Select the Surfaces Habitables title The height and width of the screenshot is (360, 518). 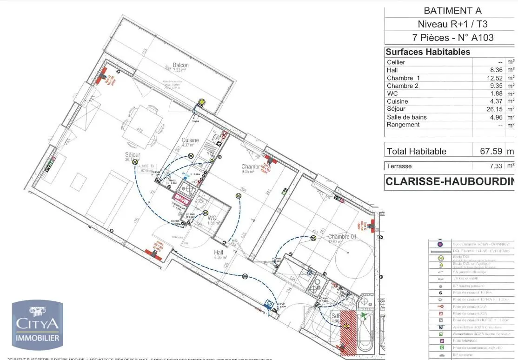coord(421,52)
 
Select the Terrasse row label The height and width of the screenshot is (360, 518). coord(399,166)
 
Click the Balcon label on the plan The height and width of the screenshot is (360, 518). coord(180,66)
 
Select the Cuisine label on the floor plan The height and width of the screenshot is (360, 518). coord(190,140)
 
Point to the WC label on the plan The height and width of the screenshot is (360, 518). coord(212,218)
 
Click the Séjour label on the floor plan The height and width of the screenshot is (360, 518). coord(133,155)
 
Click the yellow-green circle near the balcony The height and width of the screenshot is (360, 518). coord(202,101)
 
